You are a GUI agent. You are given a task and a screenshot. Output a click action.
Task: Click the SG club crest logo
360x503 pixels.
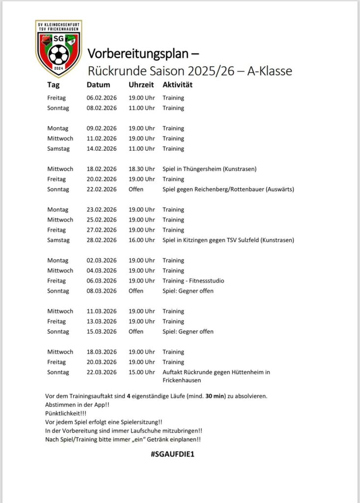click(x=59, y=48)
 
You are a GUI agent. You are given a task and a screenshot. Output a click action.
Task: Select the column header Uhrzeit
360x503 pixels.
click(x=141, y=85)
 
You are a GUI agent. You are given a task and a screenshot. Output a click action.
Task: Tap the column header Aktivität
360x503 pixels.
click(x=177, y=85)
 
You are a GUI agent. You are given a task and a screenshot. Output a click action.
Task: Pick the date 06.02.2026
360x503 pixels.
click(x=101, y=98)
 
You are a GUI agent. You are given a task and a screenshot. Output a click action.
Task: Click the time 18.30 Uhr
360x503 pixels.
click(x=141, y=169)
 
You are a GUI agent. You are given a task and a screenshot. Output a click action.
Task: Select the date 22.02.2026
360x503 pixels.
click(x=101, y=189)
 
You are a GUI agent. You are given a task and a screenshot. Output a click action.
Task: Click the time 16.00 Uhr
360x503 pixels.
click(x=141, y=240)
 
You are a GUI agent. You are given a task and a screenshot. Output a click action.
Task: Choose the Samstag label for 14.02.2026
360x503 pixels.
click(x=58, y=148)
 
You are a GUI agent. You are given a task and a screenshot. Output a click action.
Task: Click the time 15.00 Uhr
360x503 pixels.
click(x=141, y=372)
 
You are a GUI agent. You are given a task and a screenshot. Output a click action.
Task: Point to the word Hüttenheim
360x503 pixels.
click(x=245, y=372)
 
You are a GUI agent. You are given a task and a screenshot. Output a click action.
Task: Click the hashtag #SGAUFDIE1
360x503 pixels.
click(x=173, y=454)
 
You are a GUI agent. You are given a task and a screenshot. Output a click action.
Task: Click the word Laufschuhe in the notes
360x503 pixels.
click(x=140, y=431)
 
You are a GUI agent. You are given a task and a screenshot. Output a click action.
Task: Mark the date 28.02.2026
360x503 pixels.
click(x=101, y=240)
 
